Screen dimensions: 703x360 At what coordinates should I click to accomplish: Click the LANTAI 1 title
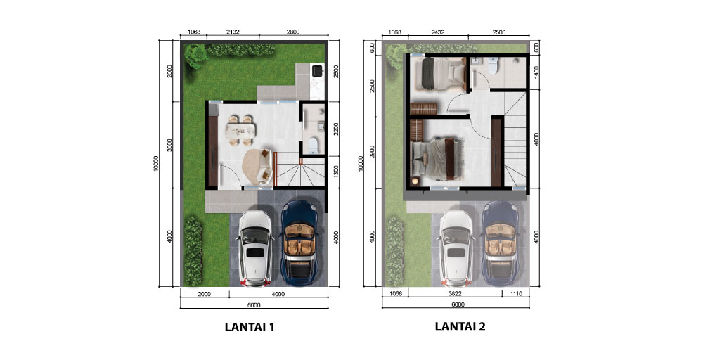(250, 327)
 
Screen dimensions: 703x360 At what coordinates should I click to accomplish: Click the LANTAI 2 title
(460, 326)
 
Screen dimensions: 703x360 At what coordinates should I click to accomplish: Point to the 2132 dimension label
(233, 32)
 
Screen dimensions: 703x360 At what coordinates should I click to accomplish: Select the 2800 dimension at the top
(292, 32)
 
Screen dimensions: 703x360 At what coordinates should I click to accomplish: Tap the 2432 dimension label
(437, 32)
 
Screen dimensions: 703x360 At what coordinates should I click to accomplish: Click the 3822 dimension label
(455, 294)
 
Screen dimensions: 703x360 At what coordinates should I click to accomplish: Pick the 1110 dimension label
(516, 294)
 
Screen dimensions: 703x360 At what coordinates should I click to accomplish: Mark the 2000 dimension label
(204, 294)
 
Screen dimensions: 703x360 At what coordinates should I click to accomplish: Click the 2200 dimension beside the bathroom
(336, 129)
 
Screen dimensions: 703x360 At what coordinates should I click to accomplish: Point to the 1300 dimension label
(336, 172)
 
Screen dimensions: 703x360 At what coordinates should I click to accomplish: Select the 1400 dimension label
(537, 72)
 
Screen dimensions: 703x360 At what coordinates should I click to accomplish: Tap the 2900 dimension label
(372, 153)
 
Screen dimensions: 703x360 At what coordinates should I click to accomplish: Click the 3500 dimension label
(169, 146)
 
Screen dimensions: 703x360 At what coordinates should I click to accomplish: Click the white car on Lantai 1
(255, 248)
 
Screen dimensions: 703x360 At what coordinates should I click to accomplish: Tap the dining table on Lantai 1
(240, 131)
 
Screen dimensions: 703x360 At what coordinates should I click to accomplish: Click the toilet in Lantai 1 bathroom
(314, 146)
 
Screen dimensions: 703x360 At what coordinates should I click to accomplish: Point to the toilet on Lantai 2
(493, 66)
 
